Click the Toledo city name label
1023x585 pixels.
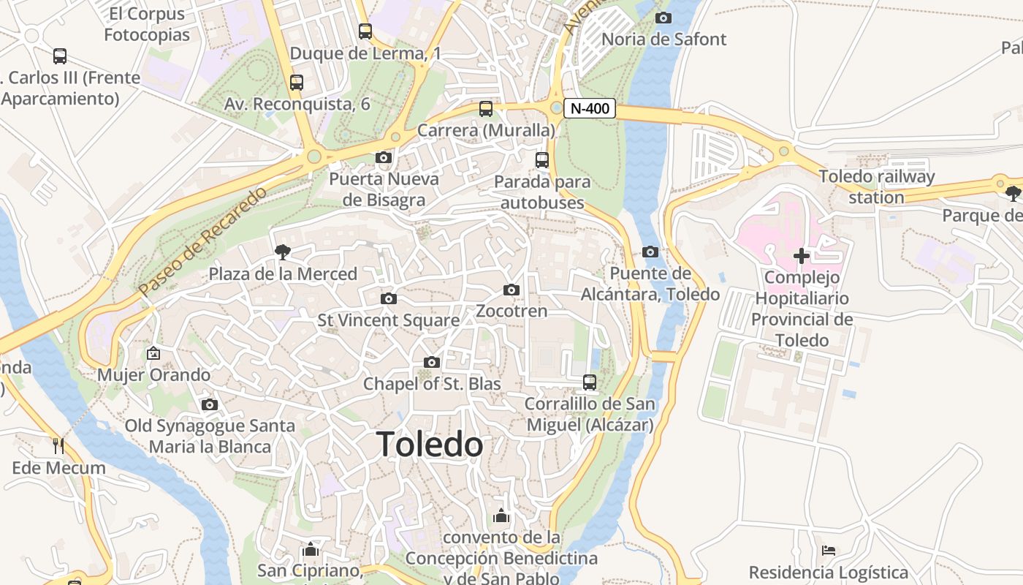click(430, 445)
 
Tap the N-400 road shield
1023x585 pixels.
click(590, 109)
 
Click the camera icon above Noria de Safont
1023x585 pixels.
click(663, 18)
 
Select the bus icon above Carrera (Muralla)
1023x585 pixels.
click(486, 109)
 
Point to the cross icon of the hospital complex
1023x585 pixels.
click(802, 256)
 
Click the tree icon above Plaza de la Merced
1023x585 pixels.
click(282, 252)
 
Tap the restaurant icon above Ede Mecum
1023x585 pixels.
click(58, 445)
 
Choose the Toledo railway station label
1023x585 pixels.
click(876, 187)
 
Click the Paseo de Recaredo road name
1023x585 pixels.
click(203, 241)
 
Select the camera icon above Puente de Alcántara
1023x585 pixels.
click(650, 252)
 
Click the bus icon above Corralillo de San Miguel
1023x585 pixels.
click(590, 382)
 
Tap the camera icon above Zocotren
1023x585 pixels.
click(512, 290)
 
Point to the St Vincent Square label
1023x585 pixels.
click(388, 320)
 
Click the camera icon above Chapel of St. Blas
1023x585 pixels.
click(432, 363)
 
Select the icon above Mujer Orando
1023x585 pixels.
click(153, 353)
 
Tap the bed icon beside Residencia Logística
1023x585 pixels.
click(828, 551)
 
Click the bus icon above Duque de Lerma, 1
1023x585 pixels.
click(365, 31)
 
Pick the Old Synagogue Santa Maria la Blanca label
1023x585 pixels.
click(210, 436)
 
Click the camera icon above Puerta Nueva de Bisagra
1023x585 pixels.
click(384, 157)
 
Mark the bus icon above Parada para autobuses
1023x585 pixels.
click(542, 160)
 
